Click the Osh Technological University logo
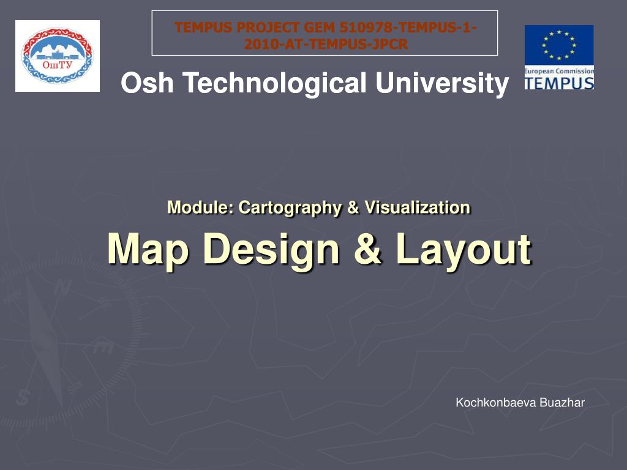(57, 56)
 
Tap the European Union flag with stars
(558, 47)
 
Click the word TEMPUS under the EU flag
(559, 83)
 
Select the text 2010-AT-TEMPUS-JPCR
(325, 43)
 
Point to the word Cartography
(290, 207)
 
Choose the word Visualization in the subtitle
(418, 207)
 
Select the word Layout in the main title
(463, 250)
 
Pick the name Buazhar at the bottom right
(561, 403)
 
